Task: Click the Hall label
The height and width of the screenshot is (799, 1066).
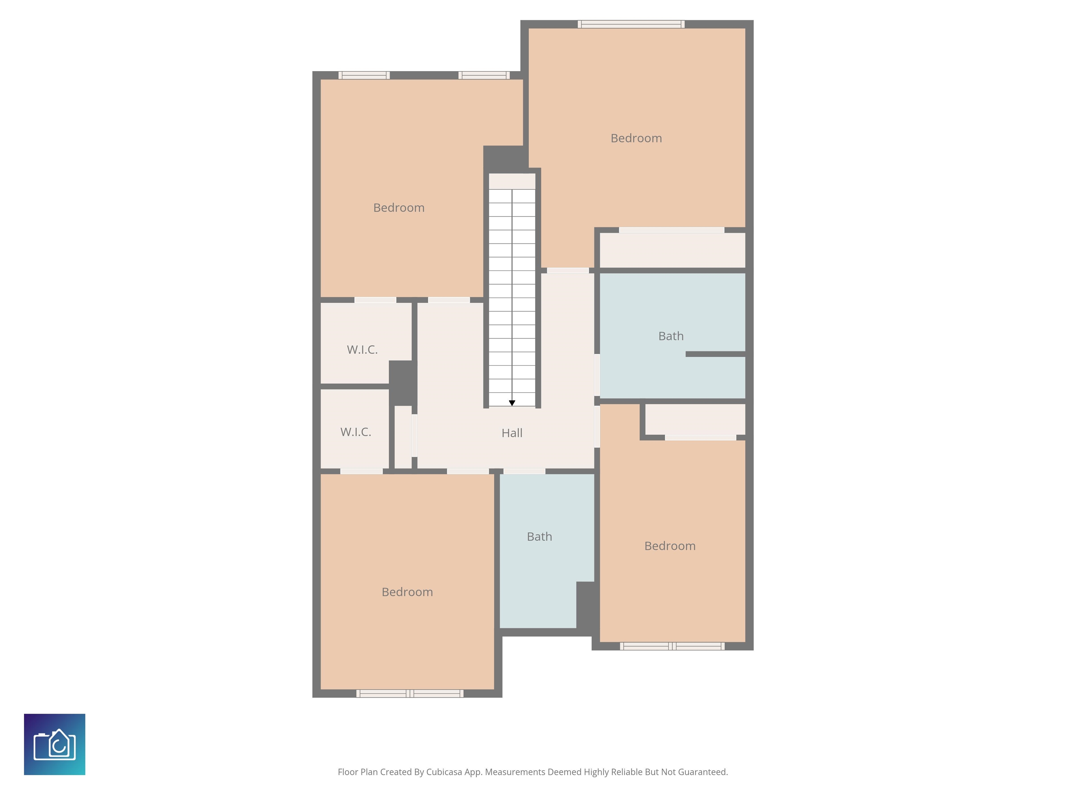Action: coord(512,433)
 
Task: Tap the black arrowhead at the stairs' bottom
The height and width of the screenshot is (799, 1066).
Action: coord(512,403)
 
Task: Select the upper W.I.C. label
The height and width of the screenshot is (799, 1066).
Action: coord(362,350)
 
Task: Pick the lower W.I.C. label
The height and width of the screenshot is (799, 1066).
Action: coord(356,432)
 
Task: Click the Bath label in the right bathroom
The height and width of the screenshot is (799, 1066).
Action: coord(671,336)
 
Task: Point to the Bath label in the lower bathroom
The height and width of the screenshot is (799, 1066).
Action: coord(539,536)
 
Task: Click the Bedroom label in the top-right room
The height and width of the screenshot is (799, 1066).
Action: coord(636,138)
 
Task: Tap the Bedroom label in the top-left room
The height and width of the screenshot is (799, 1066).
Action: coord(399,208)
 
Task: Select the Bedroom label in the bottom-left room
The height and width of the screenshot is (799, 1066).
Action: coord(407,592)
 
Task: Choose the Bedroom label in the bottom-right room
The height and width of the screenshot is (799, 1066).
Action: coord(670,545)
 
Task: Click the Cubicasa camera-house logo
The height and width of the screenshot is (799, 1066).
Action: coord(54,744)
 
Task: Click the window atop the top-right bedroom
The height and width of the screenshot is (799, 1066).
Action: coord(631,24)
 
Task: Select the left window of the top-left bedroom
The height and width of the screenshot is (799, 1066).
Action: coord(364,75)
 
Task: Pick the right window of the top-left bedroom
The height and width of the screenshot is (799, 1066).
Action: coord(484,75)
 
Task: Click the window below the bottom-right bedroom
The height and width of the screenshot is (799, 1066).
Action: coord(672,646)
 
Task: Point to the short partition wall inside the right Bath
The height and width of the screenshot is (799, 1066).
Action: coord(716,354)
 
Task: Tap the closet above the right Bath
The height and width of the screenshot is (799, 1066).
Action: coord(672,250)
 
